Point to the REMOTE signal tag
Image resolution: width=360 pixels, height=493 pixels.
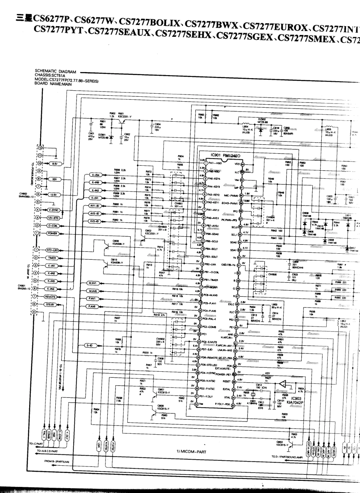click(x=51, y=297)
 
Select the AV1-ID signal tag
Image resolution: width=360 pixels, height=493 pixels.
click(x=94, y=206)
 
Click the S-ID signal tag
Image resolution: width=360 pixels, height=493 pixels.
click(x=90, y=345)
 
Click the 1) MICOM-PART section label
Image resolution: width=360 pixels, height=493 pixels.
click(x=191, y=451)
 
